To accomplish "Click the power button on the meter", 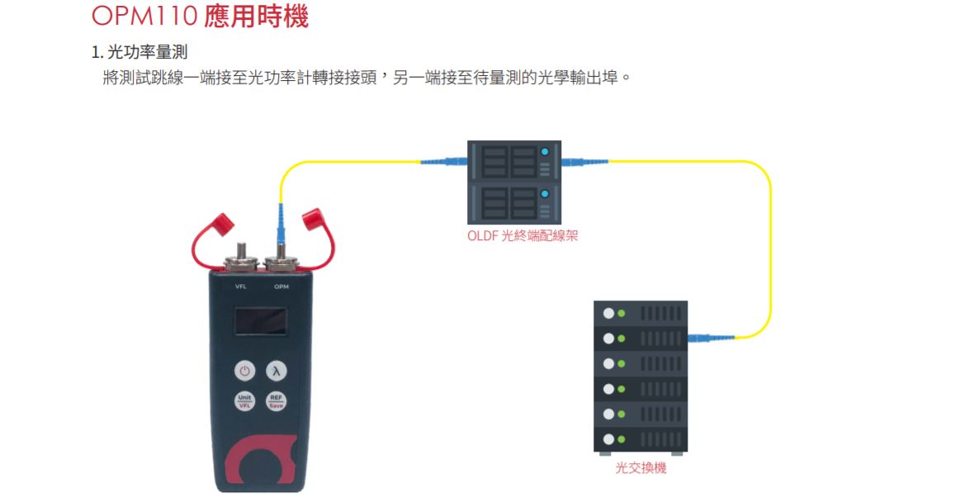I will pos(245,371).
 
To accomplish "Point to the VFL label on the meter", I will pos(241,286).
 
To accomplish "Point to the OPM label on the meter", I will pos(281,286).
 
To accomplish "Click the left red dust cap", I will pos(222,221).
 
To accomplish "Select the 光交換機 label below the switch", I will pos(641,468).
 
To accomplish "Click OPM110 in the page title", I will pos(145,16).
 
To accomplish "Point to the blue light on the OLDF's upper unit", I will pos(544,153).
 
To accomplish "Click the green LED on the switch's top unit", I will pos(621,314).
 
